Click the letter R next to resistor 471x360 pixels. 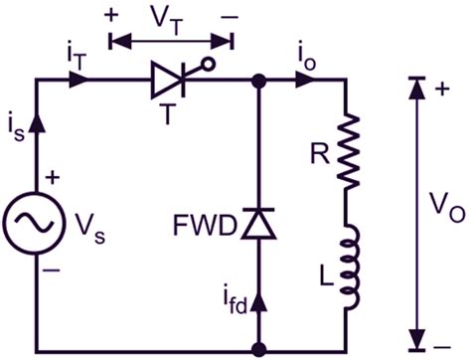315,154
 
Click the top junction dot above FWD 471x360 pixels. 259,83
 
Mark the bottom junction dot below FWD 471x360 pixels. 259,349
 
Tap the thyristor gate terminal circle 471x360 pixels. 210,65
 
